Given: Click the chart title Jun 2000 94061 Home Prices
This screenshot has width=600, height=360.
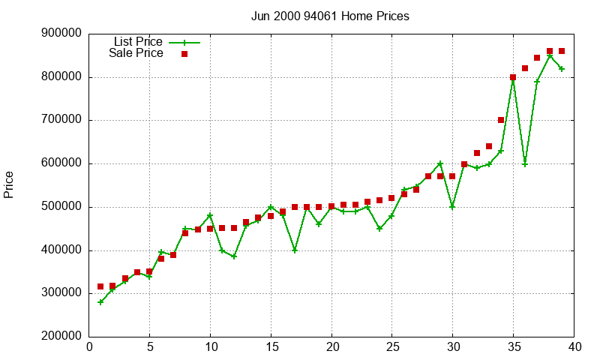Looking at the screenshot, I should coord(331,16).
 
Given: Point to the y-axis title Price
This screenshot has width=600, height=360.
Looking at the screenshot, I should coord(9,184).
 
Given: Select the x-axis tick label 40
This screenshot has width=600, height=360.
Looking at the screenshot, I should coord(574,347).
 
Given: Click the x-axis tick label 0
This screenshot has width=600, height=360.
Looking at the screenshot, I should coord(89,347).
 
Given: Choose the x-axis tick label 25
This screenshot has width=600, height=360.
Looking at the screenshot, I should coord(392,347).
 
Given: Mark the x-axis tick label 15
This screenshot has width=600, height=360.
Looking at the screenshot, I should coord(271,347).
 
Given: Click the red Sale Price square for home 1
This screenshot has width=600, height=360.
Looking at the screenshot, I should coord(100,286).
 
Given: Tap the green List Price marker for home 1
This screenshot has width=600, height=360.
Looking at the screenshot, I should coord(100,302).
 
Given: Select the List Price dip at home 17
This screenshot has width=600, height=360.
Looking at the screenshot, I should coord(295,250).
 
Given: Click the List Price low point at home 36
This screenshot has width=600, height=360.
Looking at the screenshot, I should coord(525,164).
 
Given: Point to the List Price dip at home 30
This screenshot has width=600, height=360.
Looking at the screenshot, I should coord(452,207).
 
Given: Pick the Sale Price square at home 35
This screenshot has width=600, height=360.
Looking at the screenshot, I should coord(513,77).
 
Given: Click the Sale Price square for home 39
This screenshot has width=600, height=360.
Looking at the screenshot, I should coord(562,51).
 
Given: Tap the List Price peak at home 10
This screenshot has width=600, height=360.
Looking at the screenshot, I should coord(210,216).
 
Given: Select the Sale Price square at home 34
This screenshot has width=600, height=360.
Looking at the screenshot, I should coord(501,120).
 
